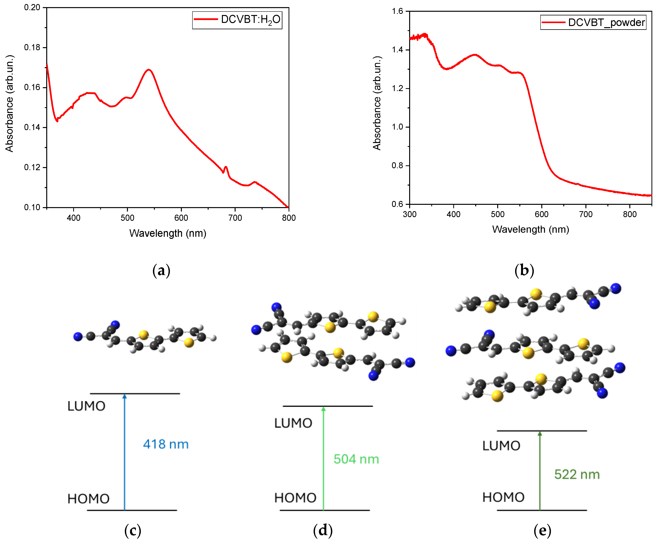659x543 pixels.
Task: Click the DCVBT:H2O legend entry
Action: coord(237,20)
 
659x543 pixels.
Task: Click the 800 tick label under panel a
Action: coord(288,218)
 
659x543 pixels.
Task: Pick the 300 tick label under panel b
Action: coord(410,215)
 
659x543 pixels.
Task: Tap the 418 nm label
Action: coord(166,444)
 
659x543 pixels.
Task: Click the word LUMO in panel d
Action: coord(293,423)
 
